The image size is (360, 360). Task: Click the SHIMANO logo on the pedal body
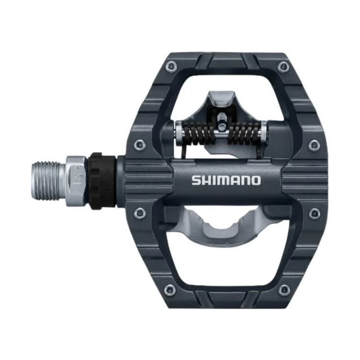click(x=226, y=180)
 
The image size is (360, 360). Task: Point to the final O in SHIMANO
click(x=255, y=180)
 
